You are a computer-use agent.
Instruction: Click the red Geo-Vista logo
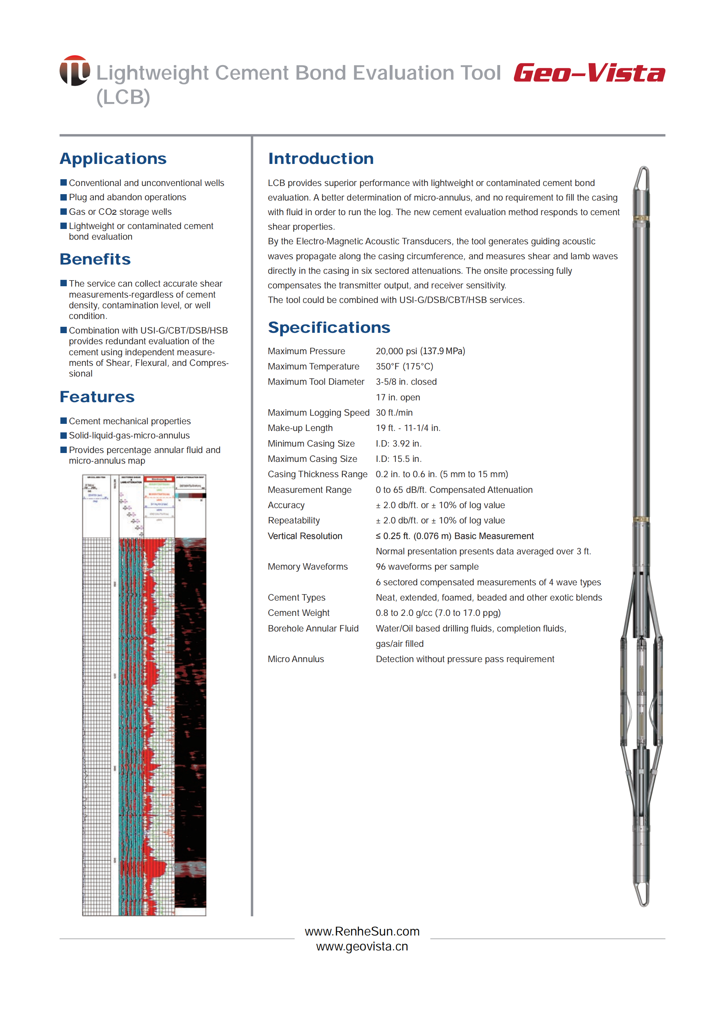click(589, 73)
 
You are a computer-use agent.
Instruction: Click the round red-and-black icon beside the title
click(75, 71)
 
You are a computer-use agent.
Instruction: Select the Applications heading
click(113, 159)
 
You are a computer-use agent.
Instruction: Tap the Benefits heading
click(95, 259)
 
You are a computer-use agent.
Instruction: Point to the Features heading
click(97, 397)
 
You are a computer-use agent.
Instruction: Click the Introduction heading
click(320, 159)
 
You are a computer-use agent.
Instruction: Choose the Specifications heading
click(329, 327)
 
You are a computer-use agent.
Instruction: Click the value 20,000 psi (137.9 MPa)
click(420, 351)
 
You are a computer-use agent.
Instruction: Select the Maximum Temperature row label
click(313, 367)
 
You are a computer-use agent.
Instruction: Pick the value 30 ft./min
click(394, 412)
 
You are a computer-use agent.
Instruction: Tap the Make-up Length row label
click(300, 428)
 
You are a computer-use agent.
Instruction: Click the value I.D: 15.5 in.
click(399, 459)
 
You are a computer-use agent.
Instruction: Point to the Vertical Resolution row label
click(305, 536)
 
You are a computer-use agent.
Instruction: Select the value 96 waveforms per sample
click(427, 567)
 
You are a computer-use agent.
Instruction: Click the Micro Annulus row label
click(296, 659)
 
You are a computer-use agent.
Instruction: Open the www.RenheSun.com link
click(362, 931)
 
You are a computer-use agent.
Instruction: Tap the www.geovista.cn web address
click(362, 947)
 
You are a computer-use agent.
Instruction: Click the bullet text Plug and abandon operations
click(127, 197)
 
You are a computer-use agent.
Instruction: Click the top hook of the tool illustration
click(643, 178)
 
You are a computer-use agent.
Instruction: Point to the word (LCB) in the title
click(123, 97)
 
